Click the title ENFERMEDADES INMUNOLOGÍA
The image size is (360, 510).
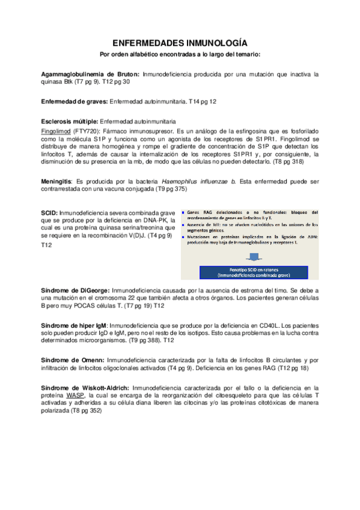pos(180,43)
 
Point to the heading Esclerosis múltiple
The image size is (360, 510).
pos(69,120)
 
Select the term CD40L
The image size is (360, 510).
pos(267,325)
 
